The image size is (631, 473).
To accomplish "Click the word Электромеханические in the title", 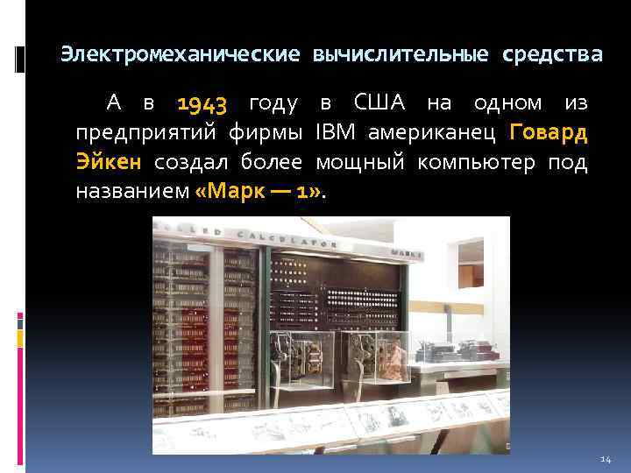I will pos(180,55).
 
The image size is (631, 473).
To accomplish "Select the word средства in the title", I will pos(552,55).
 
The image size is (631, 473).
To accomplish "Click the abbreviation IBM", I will pos(337,134).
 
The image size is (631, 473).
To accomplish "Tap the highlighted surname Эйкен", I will pos(109,163).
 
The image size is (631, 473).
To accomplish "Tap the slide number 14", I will pos(605,459).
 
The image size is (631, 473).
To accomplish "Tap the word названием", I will pos(131,192).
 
